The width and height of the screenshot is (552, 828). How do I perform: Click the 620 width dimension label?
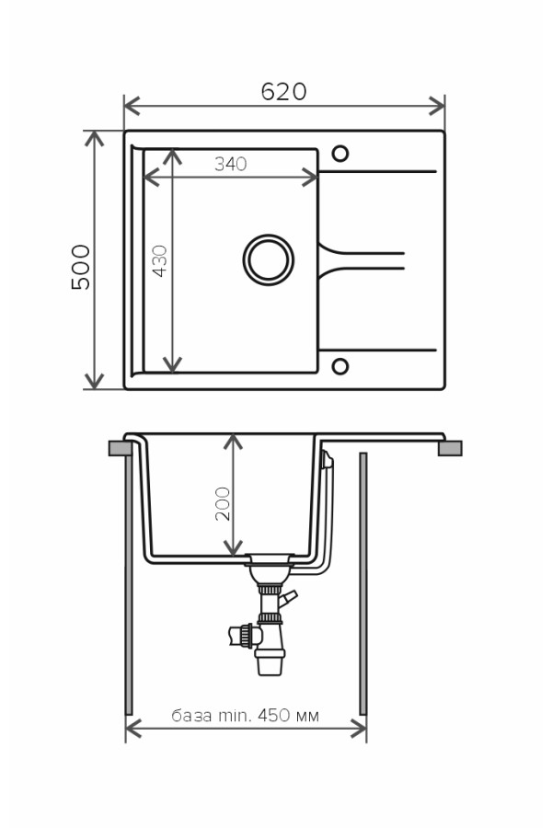[283, 91]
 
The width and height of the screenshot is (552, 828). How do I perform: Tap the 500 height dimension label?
[81, 267]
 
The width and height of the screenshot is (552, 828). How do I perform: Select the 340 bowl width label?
[231, 165]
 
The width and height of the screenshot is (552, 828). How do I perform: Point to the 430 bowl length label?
[159, 261]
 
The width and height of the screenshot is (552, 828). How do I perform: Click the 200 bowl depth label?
[223, 504]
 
